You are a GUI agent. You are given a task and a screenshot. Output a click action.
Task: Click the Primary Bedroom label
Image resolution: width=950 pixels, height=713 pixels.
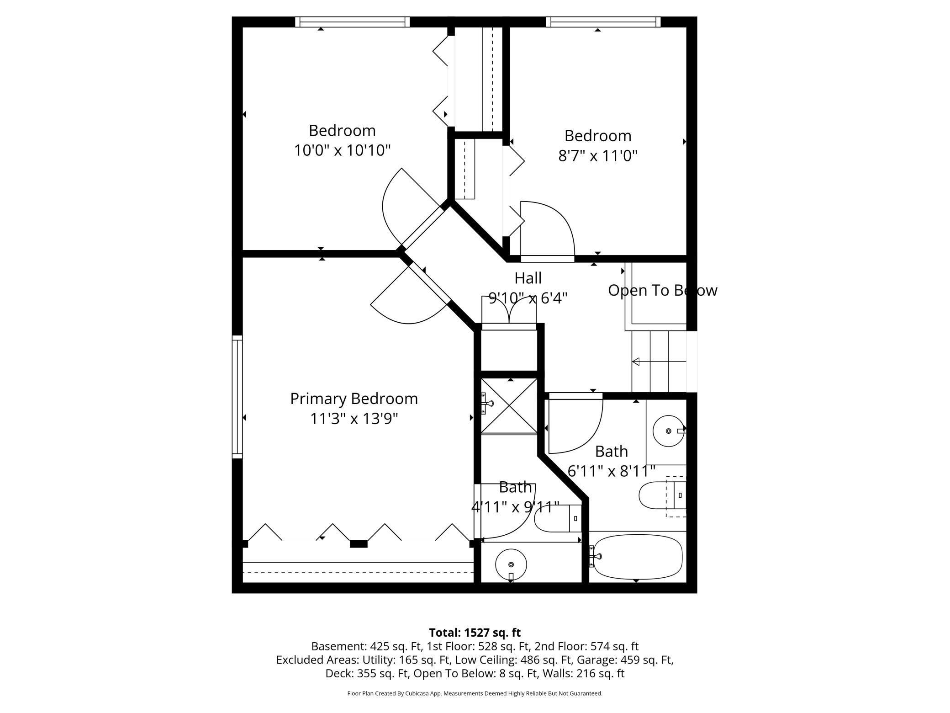[x=354, y=399]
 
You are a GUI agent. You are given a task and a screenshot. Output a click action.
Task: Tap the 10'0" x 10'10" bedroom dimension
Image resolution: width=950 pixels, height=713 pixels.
[x=342, y=150]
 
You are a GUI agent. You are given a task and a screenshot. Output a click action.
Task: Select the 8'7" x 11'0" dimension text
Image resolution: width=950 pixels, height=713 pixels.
[x=597, y=156]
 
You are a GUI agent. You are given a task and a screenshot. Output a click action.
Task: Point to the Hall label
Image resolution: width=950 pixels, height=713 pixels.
[x=528, y=278]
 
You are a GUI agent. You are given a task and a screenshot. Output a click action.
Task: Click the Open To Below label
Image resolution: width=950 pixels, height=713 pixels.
[x=662, y=291]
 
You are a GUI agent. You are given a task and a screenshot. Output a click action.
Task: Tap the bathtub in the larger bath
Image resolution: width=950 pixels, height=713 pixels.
[x=637, y=557]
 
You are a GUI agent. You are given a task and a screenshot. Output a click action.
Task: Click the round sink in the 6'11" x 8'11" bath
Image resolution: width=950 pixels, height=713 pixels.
[x=668, y=431]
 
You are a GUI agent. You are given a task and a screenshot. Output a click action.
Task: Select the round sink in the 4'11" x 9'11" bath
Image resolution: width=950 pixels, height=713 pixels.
[x=511, y=565]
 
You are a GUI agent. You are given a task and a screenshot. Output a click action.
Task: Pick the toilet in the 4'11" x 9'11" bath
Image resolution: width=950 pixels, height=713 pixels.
[x=557, y=518]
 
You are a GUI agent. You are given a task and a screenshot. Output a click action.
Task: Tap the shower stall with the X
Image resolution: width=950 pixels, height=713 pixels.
[x=509, y=405]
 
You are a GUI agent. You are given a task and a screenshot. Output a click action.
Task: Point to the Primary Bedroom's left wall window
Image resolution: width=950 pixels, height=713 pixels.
[x=237, y=397]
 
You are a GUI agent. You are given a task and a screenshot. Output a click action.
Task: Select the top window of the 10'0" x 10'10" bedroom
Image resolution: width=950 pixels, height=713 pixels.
[x=352, y=22]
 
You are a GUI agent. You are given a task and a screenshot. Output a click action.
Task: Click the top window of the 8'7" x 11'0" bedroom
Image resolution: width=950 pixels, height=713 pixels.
[x=603, y=22]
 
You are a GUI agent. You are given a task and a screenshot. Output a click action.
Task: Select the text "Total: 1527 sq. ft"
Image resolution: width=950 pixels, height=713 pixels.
[x=475, y=633]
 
